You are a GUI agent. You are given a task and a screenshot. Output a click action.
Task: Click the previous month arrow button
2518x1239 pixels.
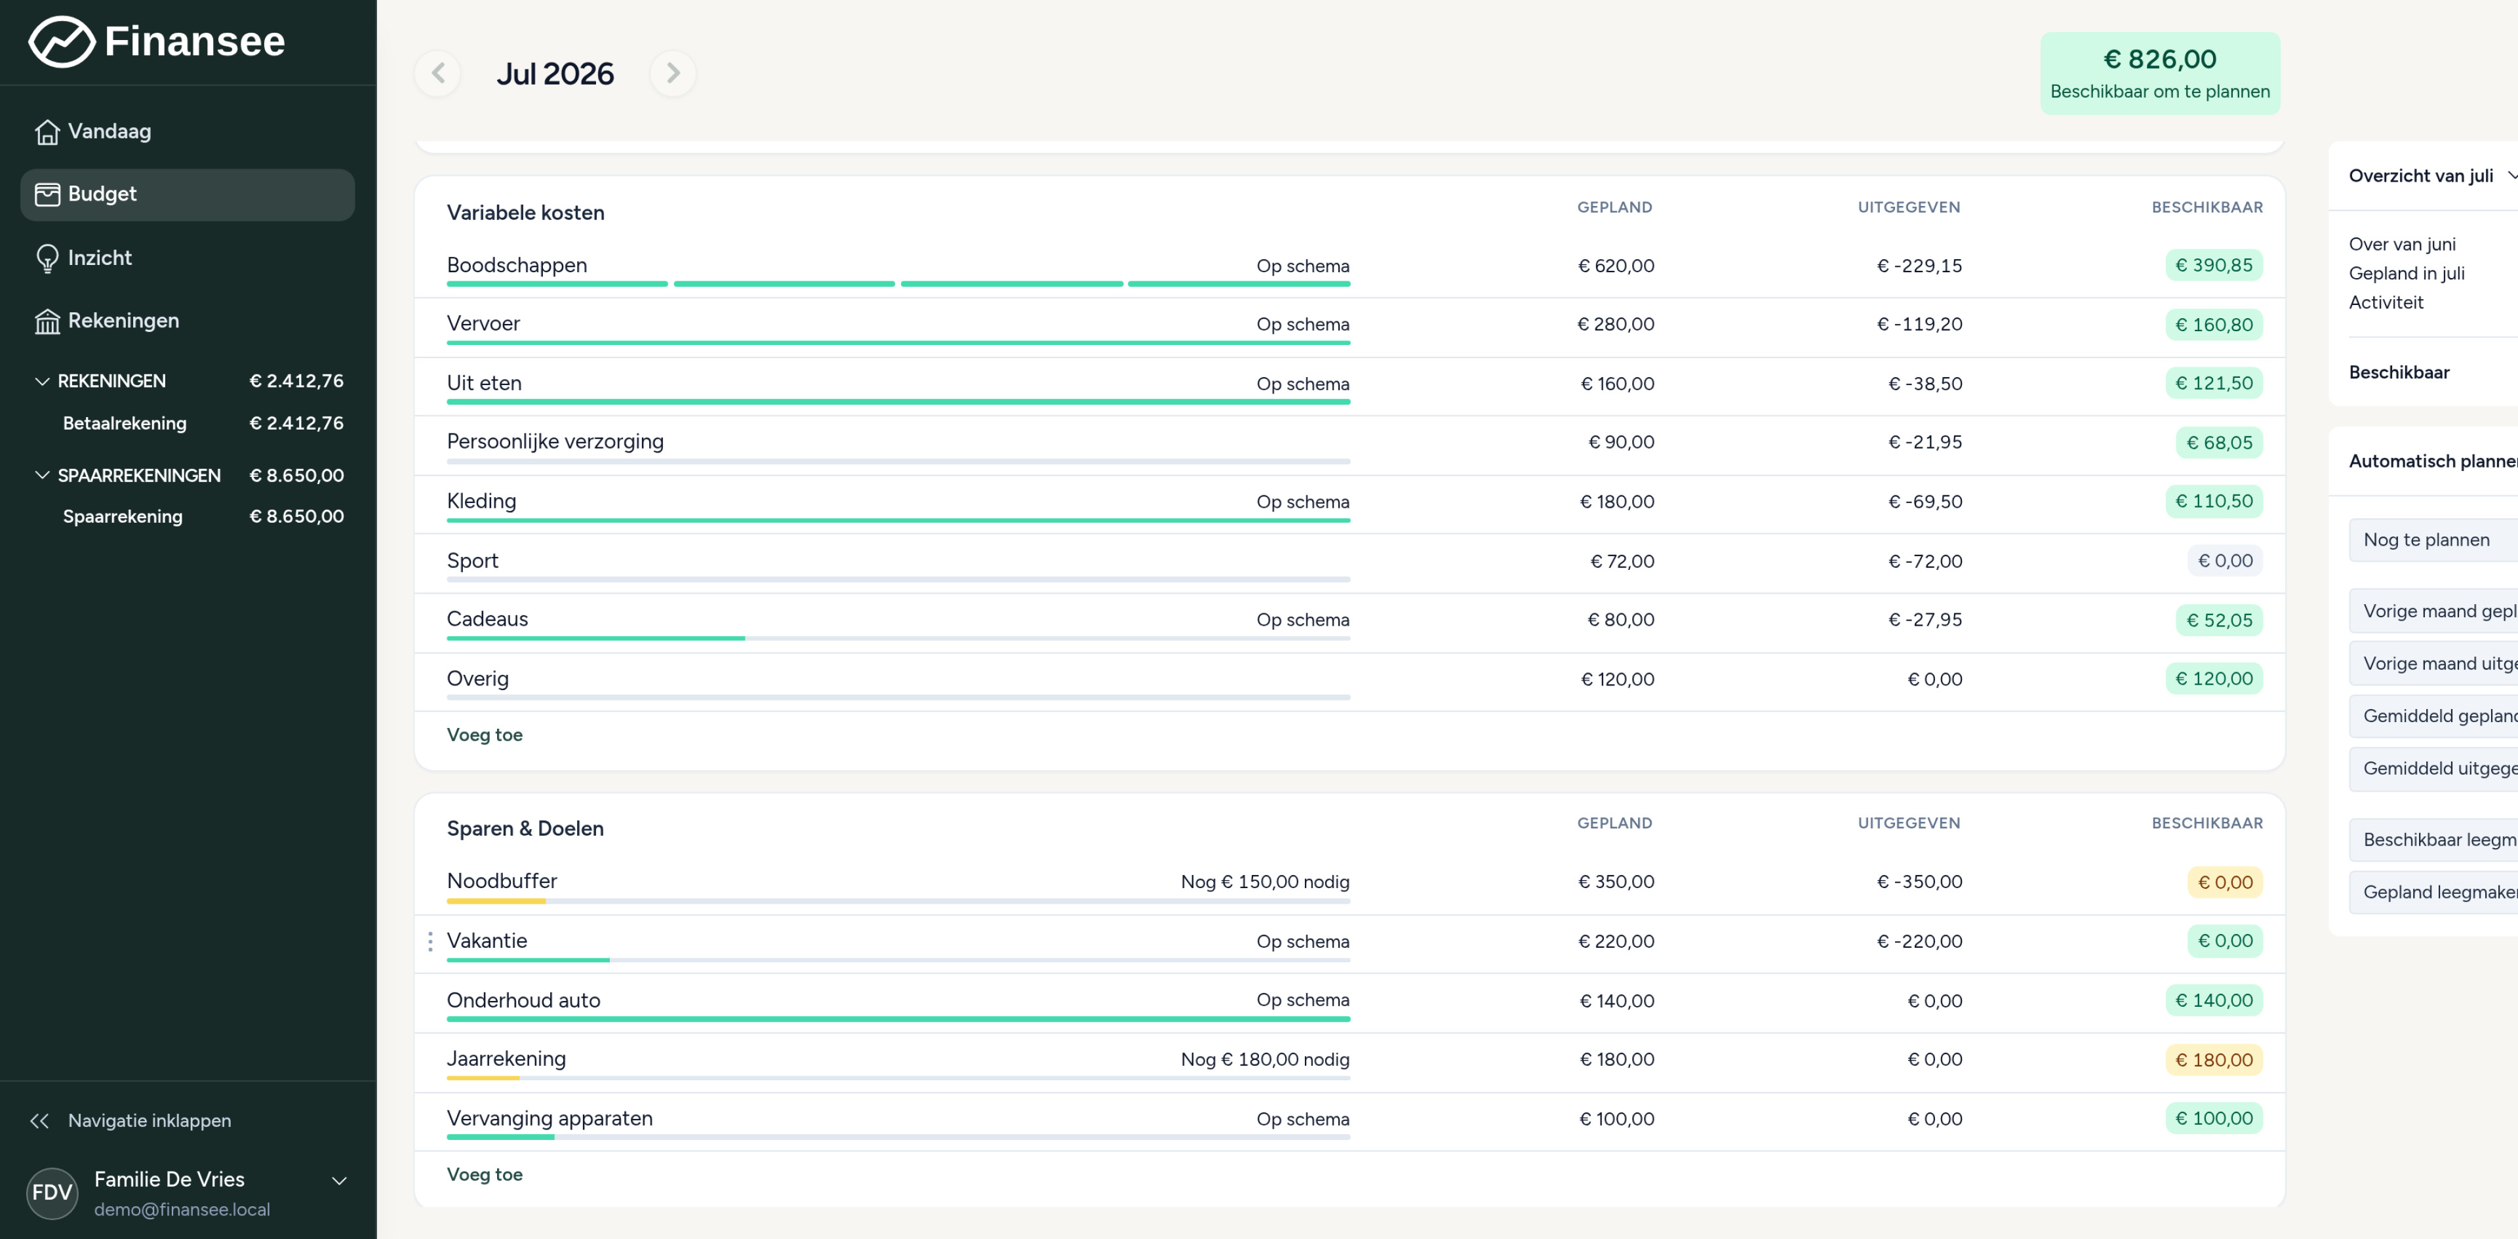438,73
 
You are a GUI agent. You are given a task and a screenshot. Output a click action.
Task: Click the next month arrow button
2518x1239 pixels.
673,73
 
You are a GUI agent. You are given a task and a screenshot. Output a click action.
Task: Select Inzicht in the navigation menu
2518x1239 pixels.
100,258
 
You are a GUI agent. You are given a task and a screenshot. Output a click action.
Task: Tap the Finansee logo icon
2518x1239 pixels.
62,42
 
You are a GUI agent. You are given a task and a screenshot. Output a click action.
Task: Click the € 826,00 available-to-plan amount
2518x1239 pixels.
2159,60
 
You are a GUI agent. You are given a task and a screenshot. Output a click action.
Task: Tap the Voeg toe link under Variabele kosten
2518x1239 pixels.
485,735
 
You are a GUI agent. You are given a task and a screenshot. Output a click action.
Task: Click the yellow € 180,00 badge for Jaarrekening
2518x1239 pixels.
2213,1060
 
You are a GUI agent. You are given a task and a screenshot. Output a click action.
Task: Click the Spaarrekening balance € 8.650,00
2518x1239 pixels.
297,516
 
